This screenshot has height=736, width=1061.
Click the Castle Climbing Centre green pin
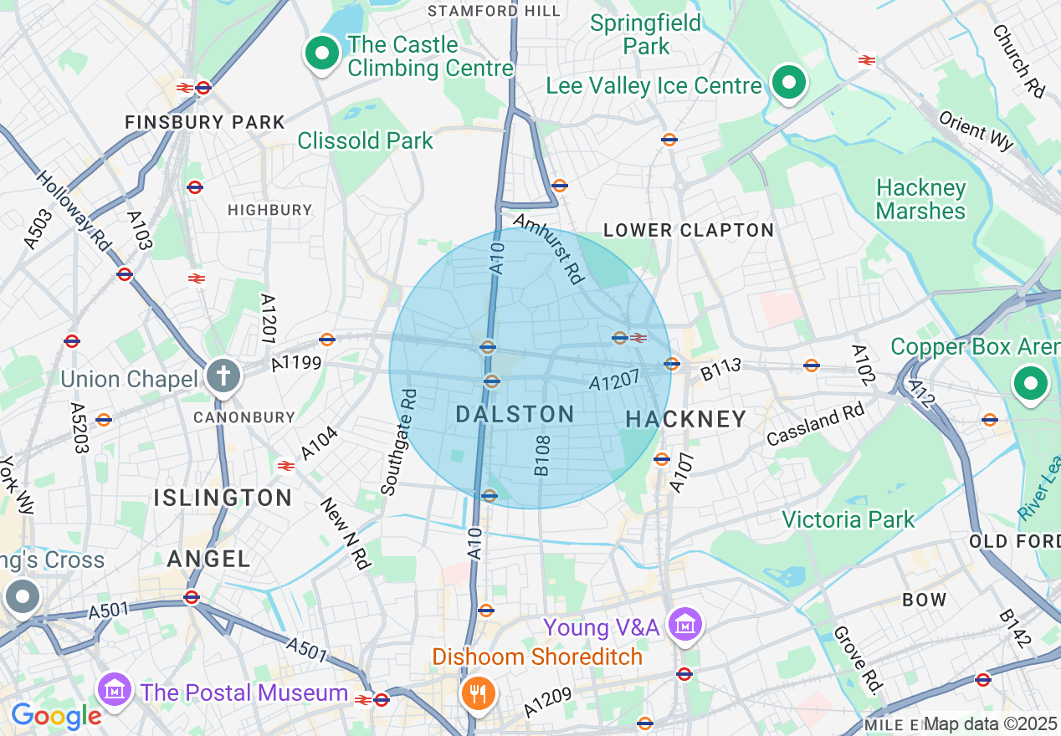tap(320, 54)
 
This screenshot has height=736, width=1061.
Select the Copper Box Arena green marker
tap(1031, 384)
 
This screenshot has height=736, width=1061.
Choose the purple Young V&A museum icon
tap(685, 625)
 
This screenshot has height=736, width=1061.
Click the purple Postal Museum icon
tap(115, 691)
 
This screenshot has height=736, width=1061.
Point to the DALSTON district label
tap(515, 414)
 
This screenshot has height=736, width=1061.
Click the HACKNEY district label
tap(686, 419)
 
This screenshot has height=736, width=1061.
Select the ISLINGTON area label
tap(223, 498)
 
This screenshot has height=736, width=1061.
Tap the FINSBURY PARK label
tap(205, 123)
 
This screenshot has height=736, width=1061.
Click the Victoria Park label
tap(848, 520)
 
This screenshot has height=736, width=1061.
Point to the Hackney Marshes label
tap(920, 199)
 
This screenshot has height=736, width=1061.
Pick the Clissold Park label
tap(366, 141)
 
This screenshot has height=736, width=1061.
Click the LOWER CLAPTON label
tap(689, 230)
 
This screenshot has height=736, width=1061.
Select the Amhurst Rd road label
tap(548, 248)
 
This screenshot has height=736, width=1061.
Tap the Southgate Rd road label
tap(398, 442)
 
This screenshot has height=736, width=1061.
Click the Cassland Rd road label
tap(816, 425)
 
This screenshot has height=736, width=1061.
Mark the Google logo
tap(56, 716)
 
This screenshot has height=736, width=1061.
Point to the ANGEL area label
tap(208, 560)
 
